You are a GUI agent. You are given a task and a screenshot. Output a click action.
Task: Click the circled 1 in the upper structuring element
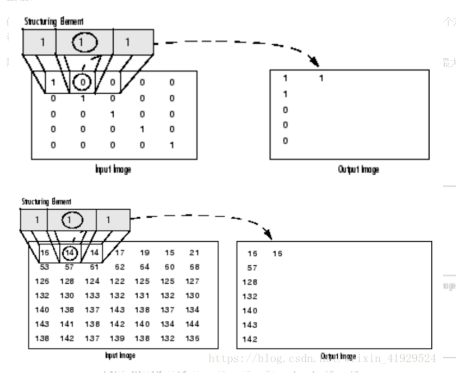(x=82, y=42)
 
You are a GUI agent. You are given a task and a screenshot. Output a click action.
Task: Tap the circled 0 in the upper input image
(x=82, y=82)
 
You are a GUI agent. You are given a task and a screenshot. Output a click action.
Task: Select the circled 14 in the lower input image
(x=70, y=252)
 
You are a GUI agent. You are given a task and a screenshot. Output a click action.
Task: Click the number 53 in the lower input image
(x=44, y=266)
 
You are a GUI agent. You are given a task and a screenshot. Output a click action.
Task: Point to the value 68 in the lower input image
(x=194, y=266)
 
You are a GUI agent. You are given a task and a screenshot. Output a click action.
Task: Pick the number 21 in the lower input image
(x=194, y=252)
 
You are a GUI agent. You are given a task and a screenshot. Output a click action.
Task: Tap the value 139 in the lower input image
(x=117, y=338)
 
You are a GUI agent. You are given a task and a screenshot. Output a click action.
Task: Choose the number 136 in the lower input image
(x=193, y=338)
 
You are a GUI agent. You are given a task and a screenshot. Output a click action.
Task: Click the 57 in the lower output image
(x=252, y=268)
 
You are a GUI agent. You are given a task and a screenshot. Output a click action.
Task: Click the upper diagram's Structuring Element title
(x=54, y=21)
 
